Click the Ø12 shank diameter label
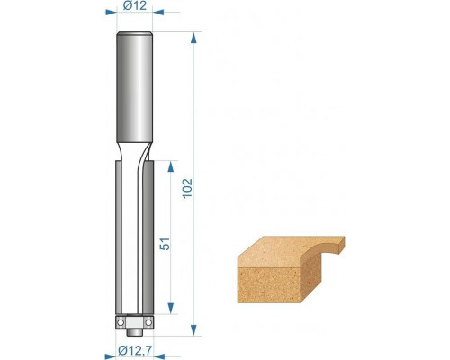tap(135, 5)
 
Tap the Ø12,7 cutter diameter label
tap(134, 350)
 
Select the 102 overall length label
tap(188, 188)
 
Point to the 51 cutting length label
tap(165, 244)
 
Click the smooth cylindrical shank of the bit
tap(135, 87)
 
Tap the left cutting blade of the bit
tap(119, 238)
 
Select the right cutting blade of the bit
tap(148, 238)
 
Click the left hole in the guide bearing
tap(121, 322)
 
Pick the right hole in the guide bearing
tap(148, 322)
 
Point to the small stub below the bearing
tap(134, 332)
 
